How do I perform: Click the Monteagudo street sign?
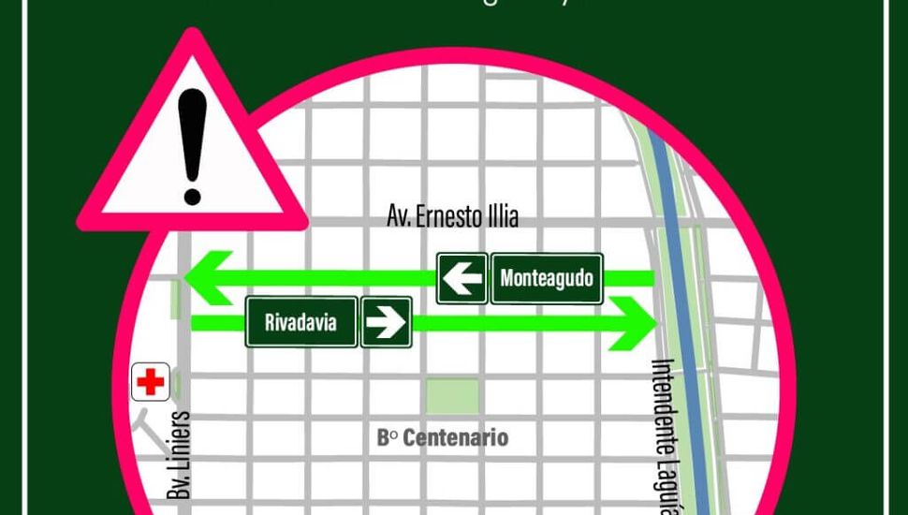point(546,278)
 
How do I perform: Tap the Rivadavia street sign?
point(301,323)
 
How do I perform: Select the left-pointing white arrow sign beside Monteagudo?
point(461,278)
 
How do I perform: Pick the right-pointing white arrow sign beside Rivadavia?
point(386,323)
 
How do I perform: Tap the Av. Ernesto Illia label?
point(452,217)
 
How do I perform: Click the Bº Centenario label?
point(442,437)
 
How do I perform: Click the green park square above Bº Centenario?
point(452,397)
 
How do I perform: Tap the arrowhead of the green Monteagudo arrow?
point(208,278)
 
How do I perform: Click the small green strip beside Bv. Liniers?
point(175,300)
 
